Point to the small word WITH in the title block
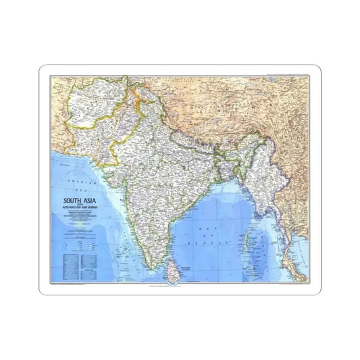pos(74,205)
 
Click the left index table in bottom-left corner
pos(65,260)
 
